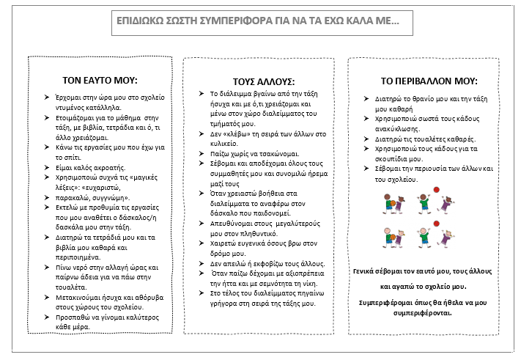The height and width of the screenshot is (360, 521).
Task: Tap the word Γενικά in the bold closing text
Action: click(367, 271)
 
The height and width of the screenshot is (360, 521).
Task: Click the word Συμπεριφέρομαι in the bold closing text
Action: click(390, 302)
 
